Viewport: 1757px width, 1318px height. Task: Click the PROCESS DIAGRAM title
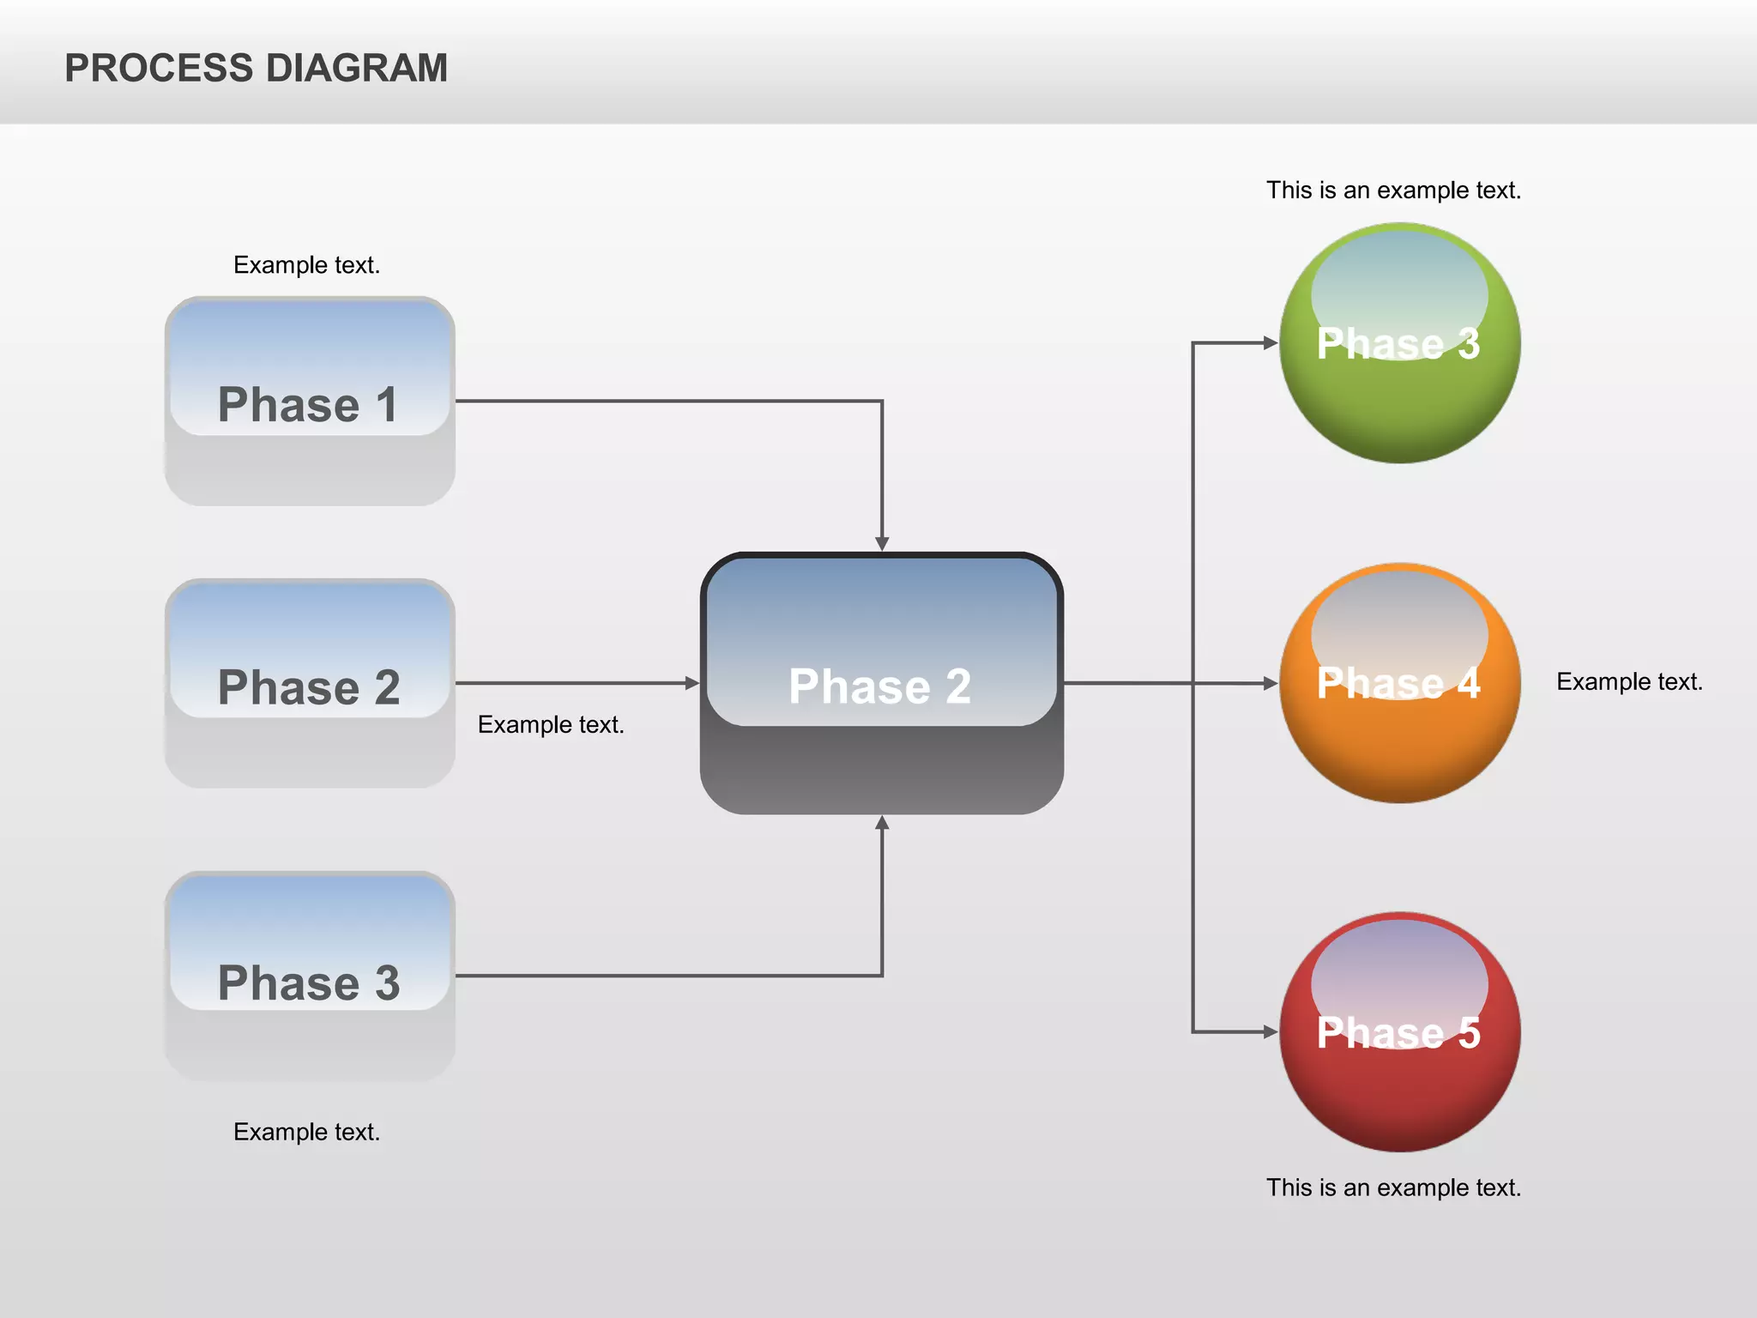256,68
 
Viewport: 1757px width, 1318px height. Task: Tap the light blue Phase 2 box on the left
309,683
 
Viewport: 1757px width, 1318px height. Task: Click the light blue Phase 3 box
309,976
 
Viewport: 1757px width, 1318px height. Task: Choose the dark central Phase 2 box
881,683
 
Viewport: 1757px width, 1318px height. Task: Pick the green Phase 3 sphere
1399,343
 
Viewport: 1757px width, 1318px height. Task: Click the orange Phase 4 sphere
1399,683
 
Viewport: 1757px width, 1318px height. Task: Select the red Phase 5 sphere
1399,1031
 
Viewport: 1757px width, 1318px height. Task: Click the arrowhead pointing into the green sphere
1270,343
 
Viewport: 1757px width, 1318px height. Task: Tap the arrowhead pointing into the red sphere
1270,1031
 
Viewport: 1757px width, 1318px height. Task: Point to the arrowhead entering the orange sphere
1270,683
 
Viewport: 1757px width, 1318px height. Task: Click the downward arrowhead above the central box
881,543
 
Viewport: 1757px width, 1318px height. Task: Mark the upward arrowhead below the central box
881,823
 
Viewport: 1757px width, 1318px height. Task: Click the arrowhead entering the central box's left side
691,683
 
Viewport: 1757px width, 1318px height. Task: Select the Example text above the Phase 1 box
306,264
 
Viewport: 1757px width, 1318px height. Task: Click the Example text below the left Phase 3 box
306,1132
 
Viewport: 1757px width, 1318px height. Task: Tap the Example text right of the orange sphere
1629,681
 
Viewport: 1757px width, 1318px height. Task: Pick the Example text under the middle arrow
551,724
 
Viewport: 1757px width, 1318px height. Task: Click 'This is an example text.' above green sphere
1393,190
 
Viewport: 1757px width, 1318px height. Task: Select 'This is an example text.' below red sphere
1393,1188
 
